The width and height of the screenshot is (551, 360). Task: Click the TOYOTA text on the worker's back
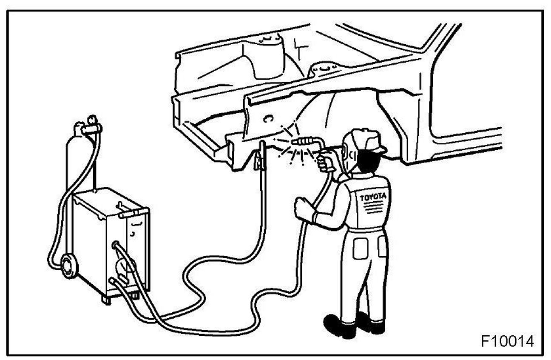(373, 197)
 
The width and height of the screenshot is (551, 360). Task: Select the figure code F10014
(507, 340)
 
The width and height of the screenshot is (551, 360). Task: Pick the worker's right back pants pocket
(382, 246)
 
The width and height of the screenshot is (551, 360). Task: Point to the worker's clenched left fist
(302, 207)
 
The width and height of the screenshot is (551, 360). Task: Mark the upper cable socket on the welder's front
(115, 246)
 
